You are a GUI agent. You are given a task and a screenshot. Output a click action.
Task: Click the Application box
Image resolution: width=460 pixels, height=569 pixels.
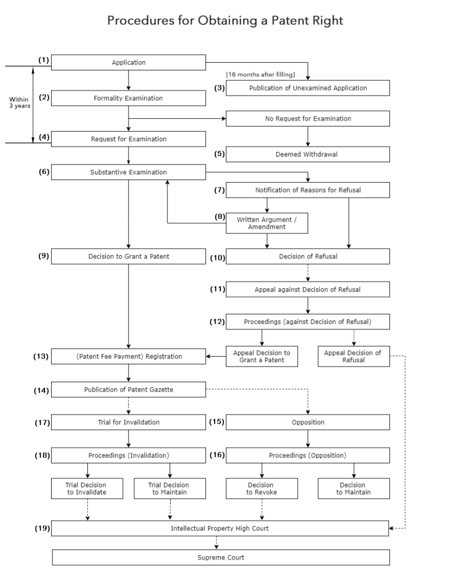pos(128,63)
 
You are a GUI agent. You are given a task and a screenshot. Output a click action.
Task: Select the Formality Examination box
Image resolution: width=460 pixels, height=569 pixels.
pos(128,98)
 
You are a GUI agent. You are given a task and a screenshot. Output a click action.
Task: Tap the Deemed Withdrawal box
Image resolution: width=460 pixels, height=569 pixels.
pos(308,154)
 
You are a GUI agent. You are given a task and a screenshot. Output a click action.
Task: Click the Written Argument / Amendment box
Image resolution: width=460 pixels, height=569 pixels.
pos(267,223)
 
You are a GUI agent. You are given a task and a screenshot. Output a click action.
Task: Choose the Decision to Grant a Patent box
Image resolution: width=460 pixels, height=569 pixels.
pos(128,256)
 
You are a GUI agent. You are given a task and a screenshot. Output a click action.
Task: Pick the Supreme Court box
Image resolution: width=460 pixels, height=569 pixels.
pos(221,557)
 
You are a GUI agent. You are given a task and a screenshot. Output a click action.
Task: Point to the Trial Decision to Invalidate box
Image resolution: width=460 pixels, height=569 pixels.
pos(87,488)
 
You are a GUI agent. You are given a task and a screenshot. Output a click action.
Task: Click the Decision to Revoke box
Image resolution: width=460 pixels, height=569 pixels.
pos(261,488)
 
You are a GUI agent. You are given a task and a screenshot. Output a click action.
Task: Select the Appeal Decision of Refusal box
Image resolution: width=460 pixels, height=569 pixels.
pos(353,356)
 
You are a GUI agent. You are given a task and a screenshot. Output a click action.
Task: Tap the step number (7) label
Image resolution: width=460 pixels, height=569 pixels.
pos(219,190)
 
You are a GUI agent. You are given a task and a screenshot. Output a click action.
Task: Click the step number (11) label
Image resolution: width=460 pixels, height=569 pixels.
pos(217,289)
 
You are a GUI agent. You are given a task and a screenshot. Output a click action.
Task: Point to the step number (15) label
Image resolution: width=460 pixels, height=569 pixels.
pos(217,422)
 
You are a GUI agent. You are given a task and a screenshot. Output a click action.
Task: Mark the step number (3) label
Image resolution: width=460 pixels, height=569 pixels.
pos(219,87)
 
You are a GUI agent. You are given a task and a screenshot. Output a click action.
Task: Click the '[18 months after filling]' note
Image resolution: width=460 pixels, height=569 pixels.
pos(260,74)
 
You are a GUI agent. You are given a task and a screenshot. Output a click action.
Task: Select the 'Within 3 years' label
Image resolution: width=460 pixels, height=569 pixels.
pos(19,103)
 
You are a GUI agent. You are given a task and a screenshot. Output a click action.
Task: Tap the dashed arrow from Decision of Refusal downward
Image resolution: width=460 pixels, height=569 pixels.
pos(308,272)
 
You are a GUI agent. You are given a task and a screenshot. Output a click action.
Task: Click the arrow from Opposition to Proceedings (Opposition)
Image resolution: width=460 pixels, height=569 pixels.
pos(308,438)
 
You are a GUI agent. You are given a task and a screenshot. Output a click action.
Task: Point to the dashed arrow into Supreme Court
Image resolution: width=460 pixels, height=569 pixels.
pos(217,542)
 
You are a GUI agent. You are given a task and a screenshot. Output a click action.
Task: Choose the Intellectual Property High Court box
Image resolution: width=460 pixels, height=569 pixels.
pos(220,528)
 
